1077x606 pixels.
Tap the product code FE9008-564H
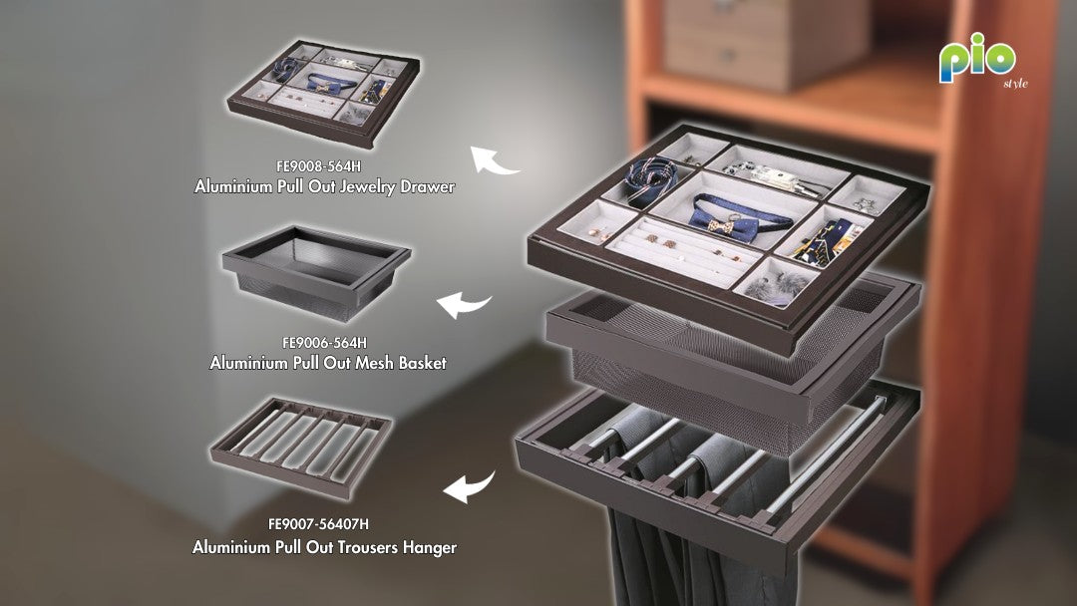coord(318,166)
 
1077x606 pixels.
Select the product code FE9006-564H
coord(324,343)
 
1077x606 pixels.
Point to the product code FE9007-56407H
coord(318,523)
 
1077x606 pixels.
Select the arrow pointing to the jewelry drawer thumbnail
coord(492,160)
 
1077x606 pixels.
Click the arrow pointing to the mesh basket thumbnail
coord(463,304)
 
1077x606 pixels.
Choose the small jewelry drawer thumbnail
coord(323,93)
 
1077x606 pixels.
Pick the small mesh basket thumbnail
coord(315,272)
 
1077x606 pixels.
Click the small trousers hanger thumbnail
coord(301,448)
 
